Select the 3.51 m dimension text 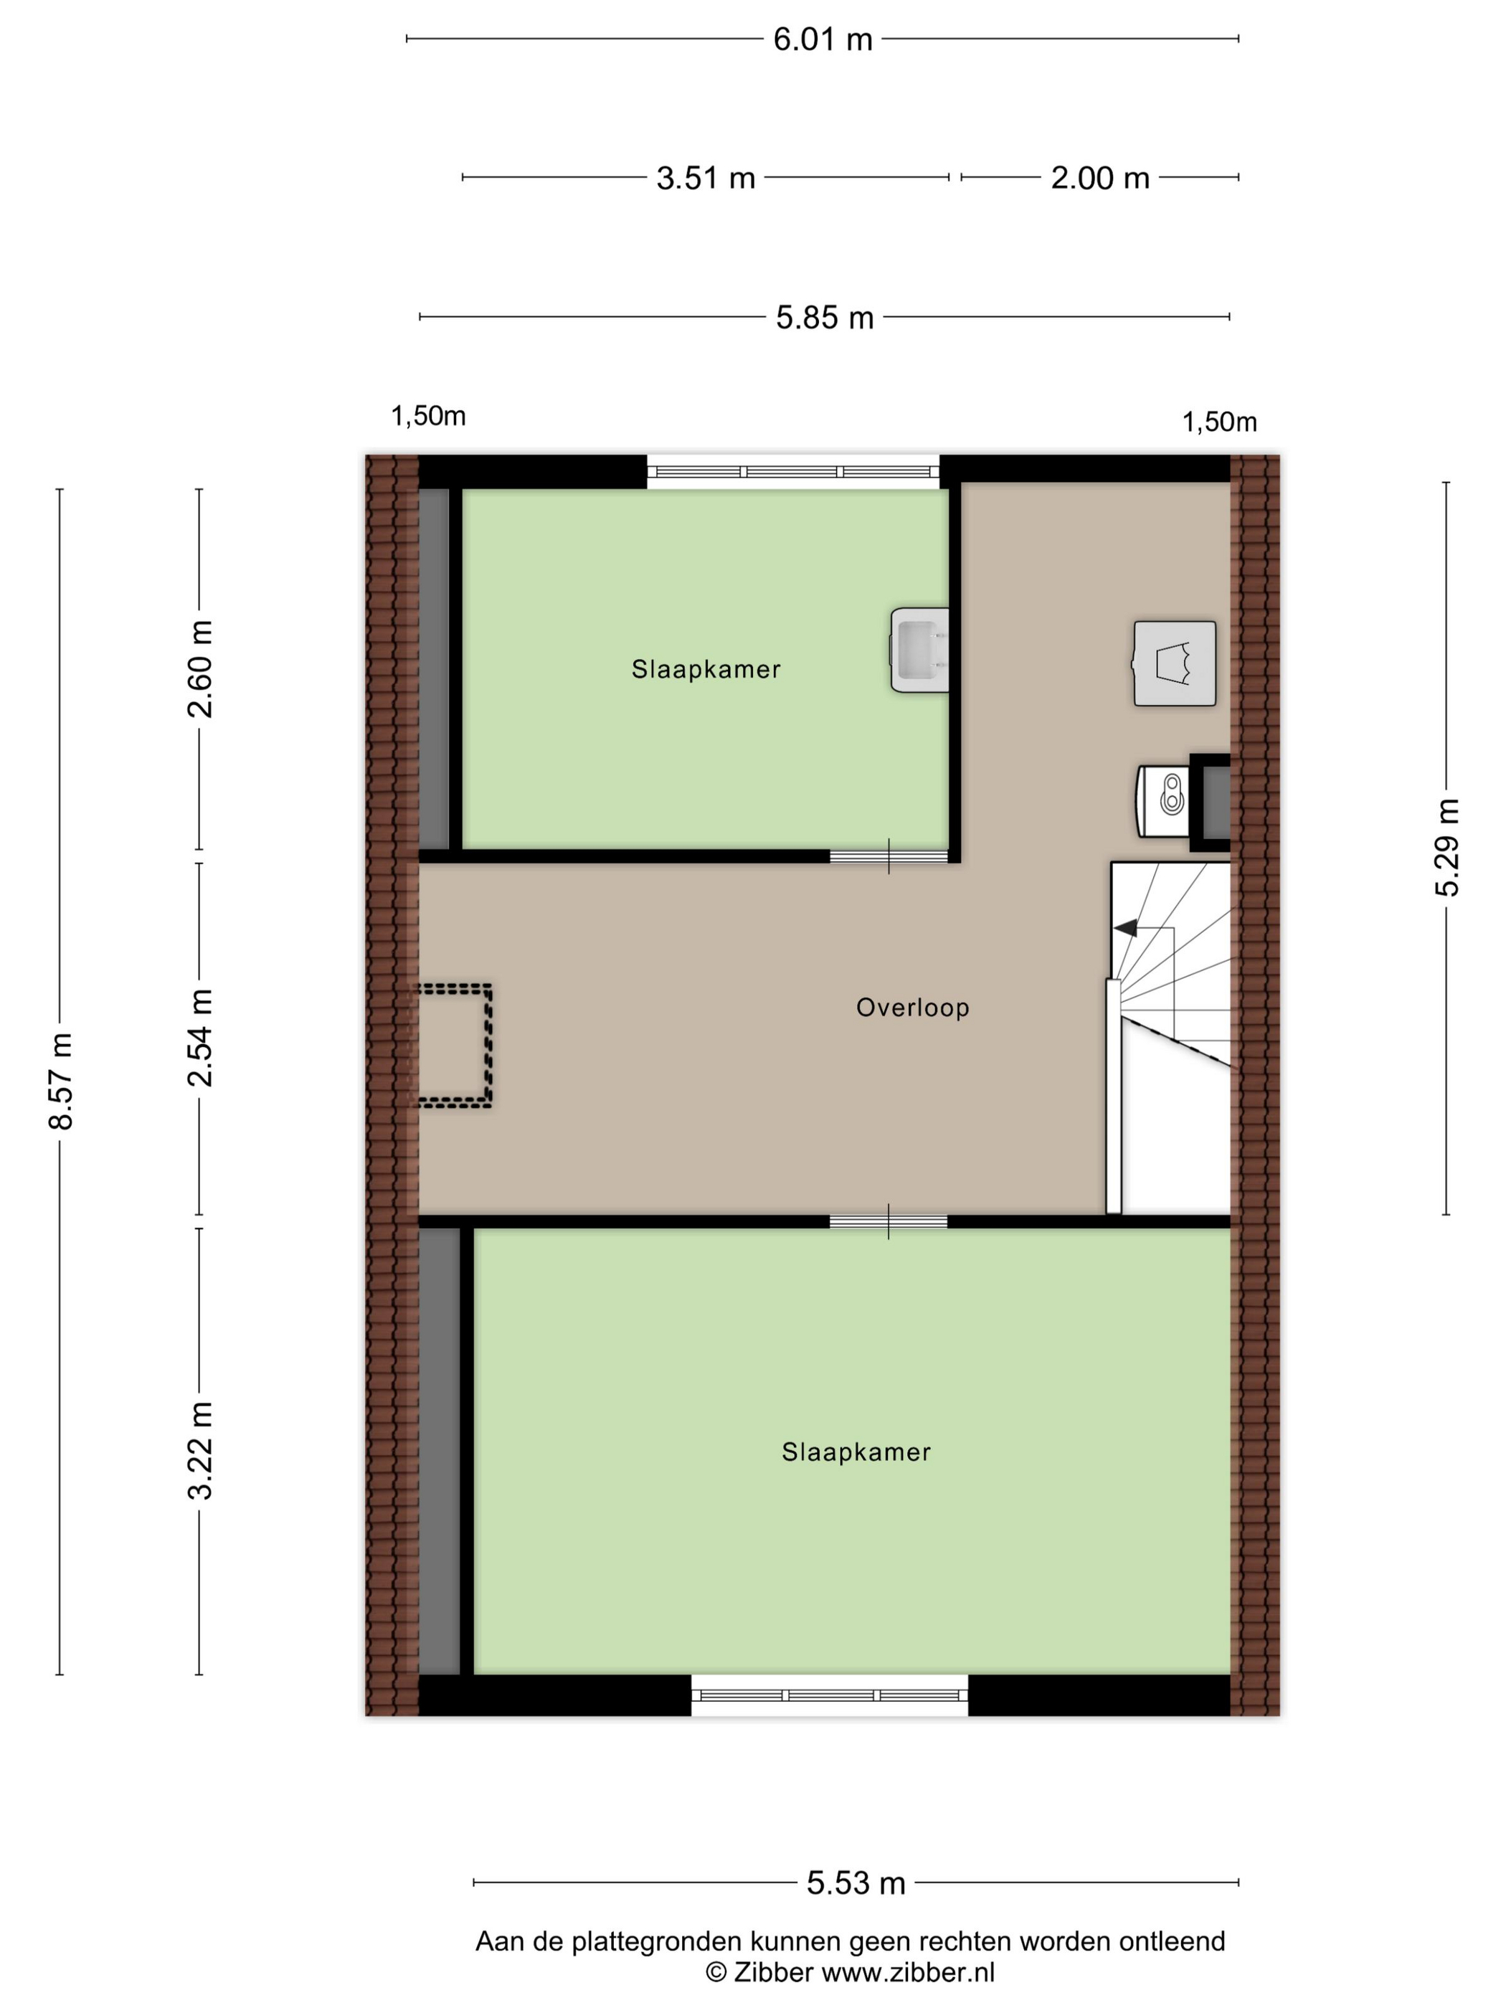click(x=706, y=178)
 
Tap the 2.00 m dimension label click(x=1099, y=178)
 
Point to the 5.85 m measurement click(x=824, y=318)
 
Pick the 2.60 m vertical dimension click(x=199, y=669)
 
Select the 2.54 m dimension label click(x=199, y=1038)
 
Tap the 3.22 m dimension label click(x=199, y=1451)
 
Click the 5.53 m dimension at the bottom click(x=856, y=1884)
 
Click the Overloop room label click(x=912, y=1008)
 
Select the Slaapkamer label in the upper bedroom click(x=706, y=670)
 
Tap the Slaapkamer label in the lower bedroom click(x=856, y=1452)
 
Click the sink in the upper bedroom click(x=919, y=650)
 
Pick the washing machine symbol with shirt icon click(x=1175, y=663)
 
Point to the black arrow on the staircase click(x=1126, y=928)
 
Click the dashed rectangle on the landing click(x=454, y=1046)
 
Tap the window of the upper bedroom click(x=793, y=471)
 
